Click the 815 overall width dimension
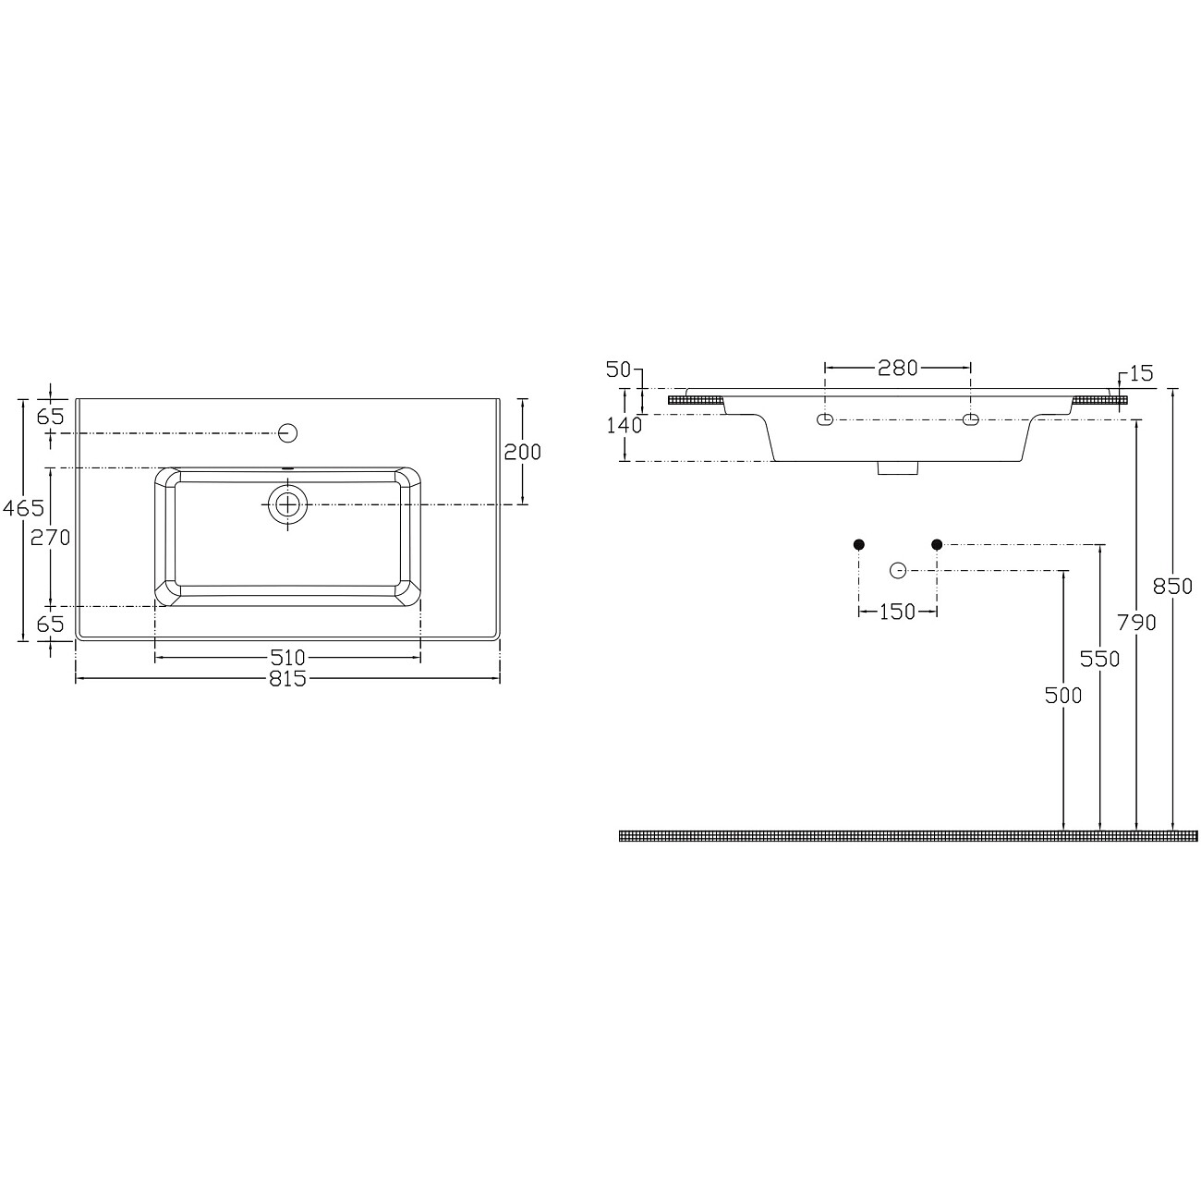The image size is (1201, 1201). (287, 679)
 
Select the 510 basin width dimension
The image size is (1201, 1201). (287, 658)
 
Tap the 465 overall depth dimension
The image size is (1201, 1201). (23, 508)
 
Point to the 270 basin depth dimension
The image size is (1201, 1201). (51, 538)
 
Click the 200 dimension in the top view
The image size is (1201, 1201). (522, 452)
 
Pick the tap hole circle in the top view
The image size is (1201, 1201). (288, 432)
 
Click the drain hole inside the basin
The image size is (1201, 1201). (288, 504)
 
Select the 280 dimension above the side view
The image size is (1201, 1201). (897, 369)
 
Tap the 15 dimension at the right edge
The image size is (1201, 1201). (1141, 374)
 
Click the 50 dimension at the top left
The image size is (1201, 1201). (618, 370)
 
